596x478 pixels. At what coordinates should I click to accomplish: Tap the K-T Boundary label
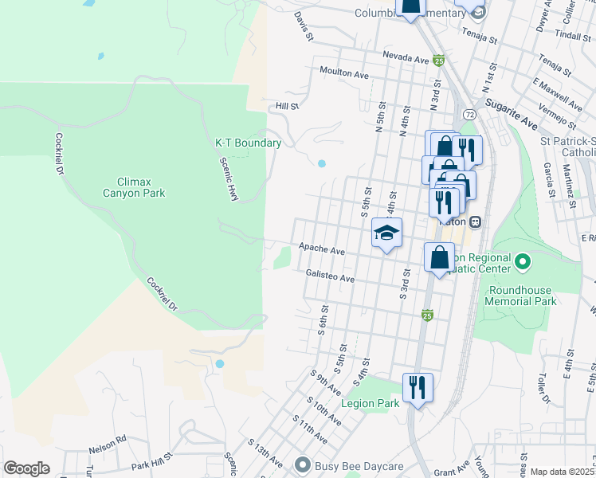pyautogui.click(x=248, y=143)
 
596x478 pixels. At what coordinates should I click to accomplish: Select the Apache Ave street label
pyautogui.click(x=321, y=249)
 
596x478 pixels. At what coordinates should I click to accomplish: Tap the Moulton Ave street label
pyautogui.click(x=344, y=72)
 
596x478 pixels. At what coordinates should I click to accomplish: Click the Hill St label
pyautogui.click(x=286, y=105)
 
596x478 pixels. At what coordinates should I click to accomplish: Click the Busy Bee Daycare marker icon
pyautogui.click(x=302, y=464)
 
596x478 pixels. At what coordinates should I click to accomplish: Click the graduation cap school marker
pyautogui.click(x=386, y=233)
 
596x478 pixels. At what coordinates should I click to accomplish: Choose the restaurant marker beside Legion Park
pyautogui.click(x=418, y=387)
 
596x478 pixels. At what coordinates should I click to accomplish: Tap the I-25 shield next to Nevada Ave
pyautogui.click(x=438, y=60)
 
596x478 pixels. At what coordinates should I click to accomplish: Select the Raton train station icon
pyautogui.click(x=475, y=221)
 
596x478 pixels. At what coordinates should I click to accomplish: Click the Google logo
pyautogui.click(x=26, y=468)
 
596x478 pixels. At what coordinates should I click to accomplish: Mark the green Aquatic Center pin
pyautogui.click(x=523, y=261)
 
